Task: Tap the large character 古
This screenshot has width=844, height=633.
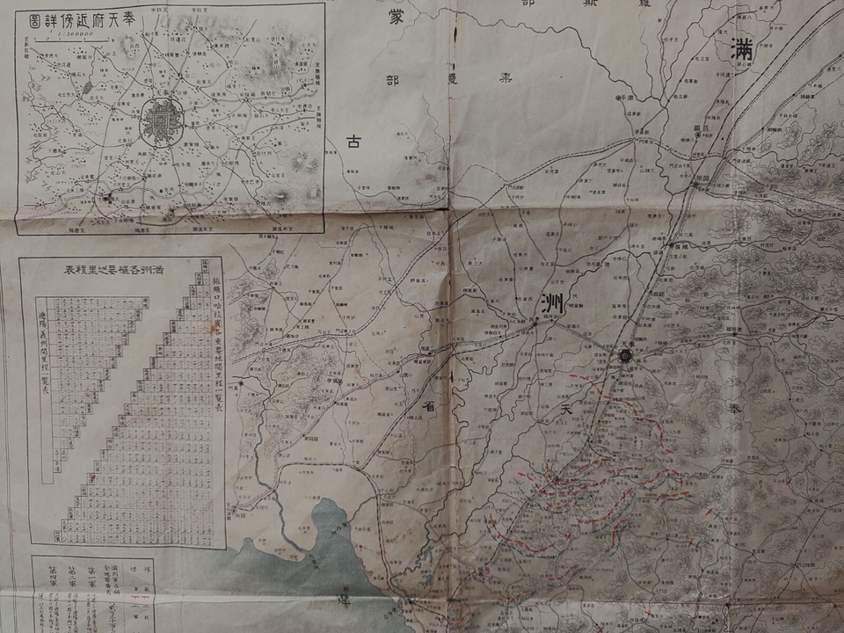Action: [x=353, y=142]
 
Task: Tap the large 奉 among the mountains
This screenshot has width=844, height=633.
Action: [x=734, y=410]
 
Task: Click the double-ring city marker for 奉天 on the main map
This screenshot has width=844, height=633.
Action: [x=624, y=355]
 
